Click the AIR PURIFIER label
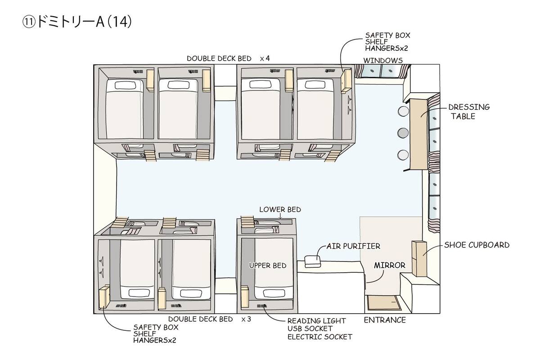(353, 246)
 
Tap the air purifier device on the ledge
(313, 261)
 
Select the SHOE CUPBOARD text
(477, 245)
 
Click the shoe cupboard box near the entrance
(419, 258)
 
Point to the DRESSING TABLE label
(469, 112)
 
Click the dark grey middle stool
(403, 133)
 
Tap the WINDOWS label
(383, 60)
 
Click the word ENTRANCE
(385, 320)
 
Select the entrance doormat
(384, 302)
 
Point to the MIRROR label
(390, 265)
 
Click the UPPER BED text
(268, 265)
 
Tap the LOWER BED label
(280, 210)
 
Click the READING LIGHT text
(316, 321)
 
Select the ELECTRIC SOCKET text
(319, 337)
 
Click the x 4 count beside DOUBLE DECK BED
(265, 58)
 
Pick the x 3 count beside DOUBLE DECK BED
(246, 319)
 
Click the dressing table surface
(419, 134)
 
